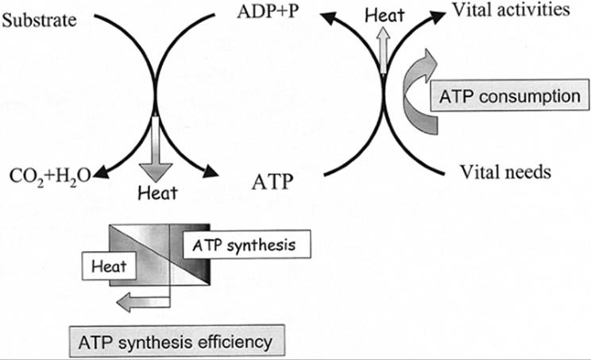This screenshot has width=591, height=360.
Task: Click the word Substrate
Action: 39,17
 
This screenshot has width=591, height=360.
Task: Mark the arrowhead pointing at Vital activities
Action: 435,16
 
